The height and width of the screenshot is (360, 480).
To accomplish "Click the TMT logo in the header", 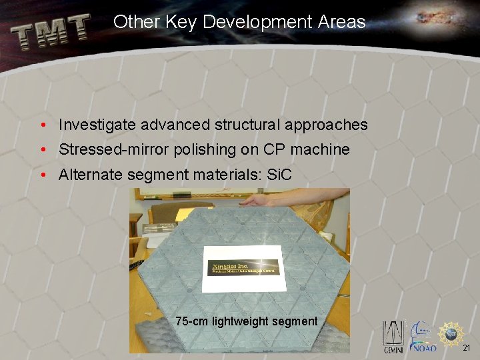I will coord(51,32).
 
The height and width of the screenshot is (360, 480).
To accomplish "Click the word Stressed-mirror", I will coord(114,149).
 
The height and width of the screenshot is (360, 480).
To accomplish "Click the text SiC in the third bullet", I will coord(279,175).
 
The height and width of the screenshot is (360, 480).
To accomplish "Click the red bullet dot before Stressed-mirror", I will coord(43,150).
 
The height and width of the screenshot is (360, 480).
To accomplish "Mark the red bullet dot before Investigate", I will coord(43,125).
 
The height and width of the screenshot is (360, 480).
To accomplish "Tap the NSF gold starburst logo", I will coord(452,331).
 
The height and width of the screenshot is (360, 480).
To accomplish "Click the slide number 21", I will coord(467,348).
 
